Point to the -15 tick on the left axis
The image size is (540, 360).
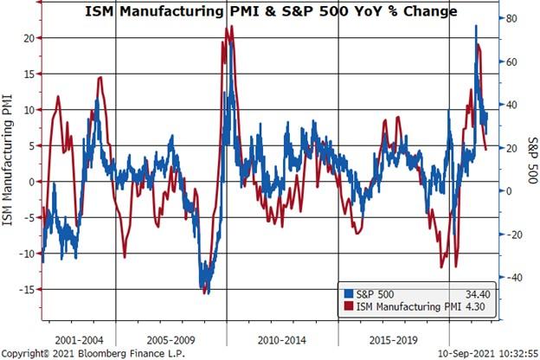click(26, 289)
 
